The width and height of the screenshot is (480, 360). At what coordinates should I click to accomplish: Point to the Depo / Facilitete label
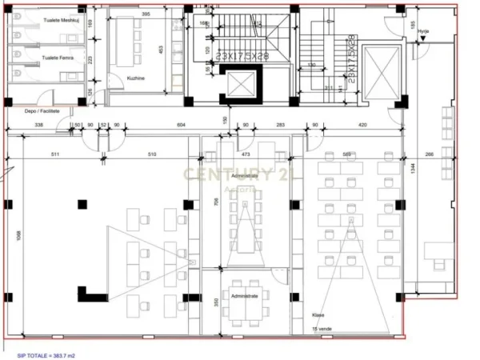[42, 112]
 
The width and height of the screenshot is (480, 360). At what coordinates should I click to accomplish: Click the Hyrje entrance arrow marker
[423, 36]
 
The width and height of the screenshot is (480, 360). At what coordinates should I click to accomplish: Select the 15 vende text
[321, 329]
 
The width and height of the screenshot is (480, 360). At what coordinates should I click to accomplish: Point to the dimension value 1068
[18, 240]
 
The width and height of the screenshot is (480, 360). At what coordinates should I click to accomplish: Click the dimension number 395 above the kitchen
[146, 14]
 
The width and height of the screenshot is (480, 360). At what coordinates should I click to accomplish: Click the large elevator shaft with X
[379, 71]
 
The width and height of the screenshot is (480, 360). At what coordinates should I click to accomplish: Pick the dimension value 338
[38, 126]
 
